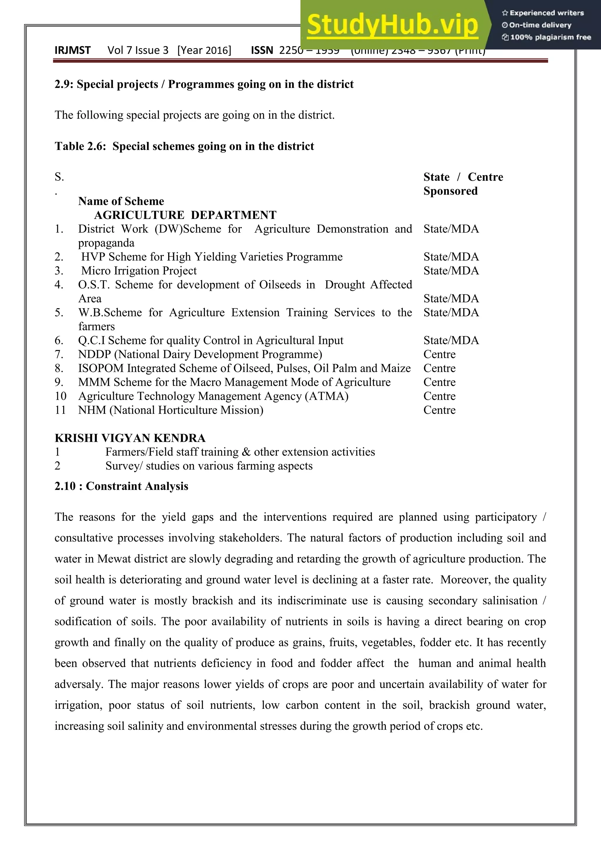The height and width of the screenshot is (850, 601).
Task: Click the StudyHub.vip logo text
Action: (392, 25)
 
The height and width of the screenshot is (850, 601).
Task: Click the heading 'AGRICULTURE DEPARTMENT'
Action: (185, 215)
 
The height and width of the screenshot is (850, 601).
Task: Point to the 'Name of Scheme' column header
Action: (121, 201)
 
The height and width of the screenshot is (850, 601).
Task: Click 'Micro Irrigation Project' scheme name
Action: (139, 271)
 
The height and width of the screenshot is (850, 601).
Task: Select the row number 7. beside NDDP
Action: (59, 354)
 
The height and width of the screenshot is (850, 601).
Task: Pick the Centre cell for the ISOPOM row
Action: (439, 368)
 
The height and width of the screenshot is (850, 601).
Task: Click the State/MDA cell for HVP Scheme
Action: (451, 257)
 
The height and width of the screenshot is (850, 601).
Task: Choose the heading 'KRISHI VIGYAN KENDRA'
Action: (130, 438)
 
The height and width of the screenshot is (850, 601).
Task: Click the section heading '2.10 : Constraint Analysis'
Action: (121, 486)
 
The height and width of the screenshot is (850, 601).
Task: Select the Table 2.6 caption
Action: (184, 146)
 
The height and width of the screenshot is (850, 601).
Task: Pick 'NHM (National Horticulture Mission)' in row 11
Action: (170, 410)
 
